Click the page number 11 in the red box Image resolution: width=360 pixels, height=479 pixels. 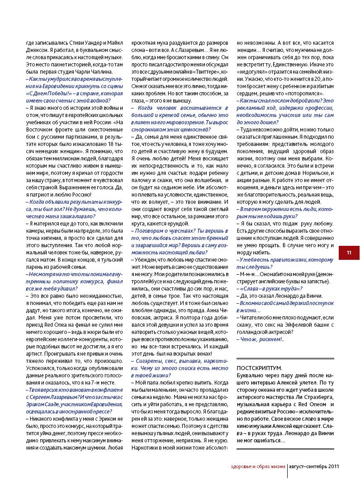click(349, 253)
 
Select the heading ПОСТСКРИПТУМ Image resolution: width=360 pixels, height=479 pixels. click(259, 368)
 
